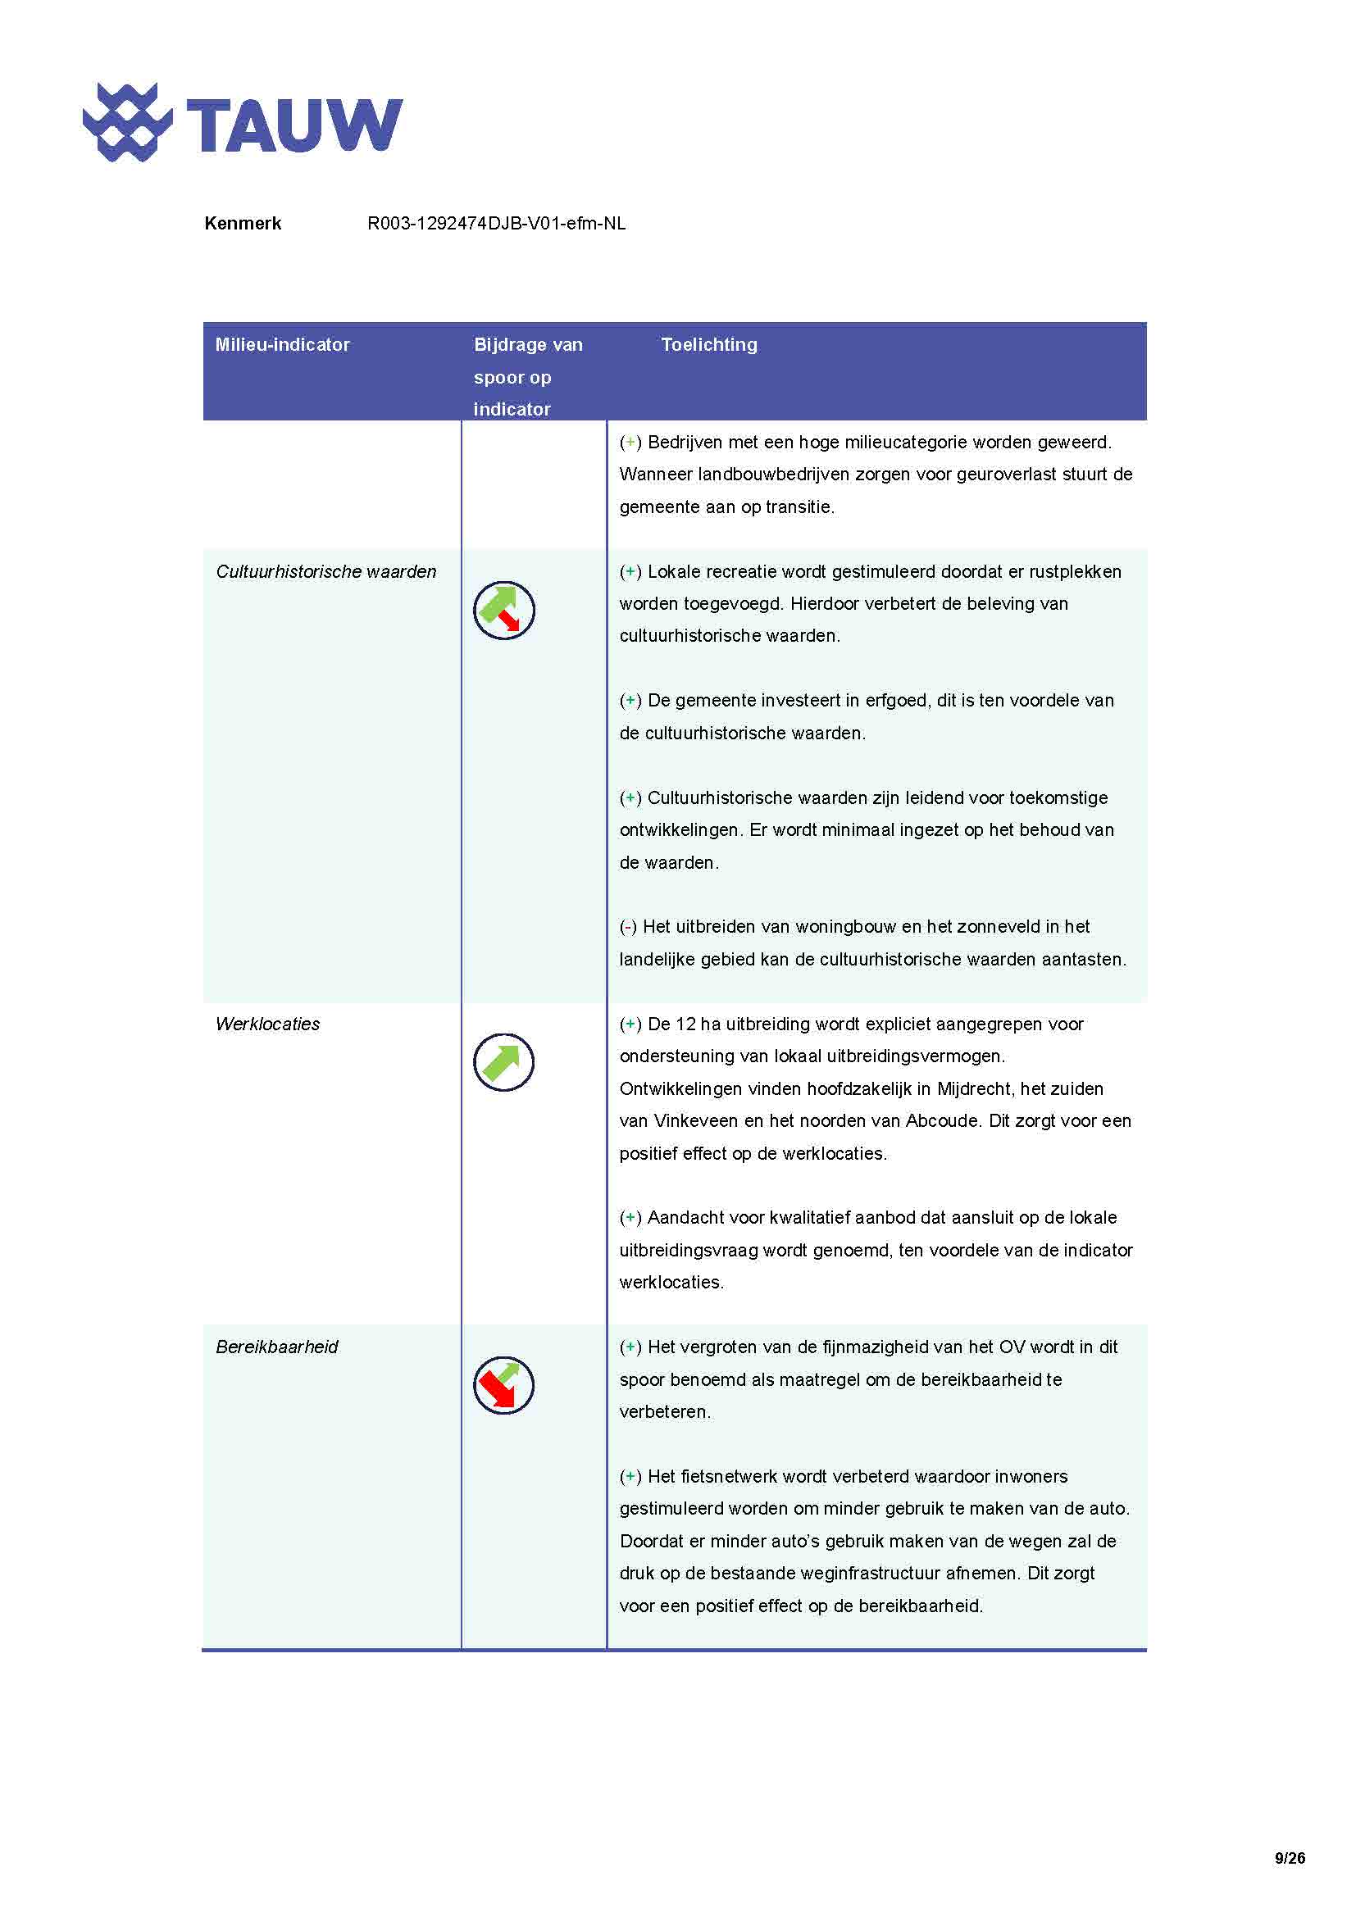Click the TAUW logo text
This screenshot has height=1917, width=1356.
294,125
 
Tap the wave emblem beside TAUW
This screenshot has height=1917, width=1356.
127,122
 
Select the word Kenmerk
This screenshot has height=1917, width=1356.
242,223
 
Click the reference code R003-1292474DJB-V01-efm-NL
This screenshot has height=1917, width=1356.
496,223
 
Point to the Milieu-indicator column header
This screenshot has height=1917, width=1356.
282,344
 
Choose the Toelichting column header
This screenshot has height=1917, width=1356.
709,344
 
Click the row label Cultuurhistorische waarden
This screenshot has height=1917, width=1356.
325,571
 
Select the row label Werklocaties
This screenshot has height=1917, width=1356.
267,1024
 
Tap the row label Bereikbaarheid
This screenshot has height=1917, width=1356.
276,1347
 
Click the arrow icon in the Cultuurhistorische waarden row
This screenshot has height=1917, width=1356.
503,611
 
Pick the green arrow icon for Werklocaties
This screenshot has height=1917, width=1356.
503,1062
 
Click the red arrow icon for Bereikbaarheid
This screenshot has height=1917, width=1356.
503,1385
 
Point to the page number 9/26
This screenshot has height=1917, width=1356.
1290,1858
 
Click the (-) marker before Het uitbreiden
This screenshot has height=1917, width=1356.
628,927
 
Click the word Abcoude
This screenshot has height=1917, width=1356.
942,1120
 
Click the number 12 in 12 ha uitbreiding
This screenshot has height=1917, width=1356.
685,1024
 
